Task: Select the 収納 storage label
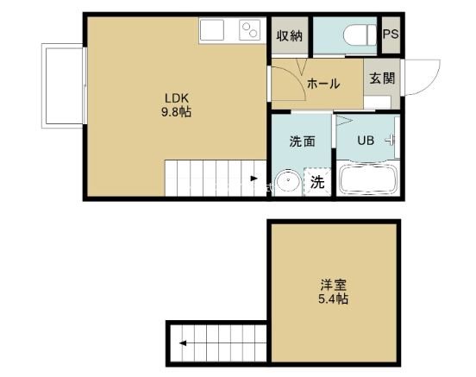(x=289, y=35)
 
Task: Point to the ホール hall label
(x=323, y=84)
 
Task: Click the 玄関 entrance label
(x=382, y=78)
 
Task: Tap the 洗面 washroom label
(x=302, y=141)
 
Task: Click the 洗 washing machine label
(x=317, y=182)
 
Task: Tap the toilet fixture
(x=356, y=35)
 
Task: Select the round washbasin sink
(x=288, y=182)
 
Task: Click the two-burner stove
(x=249, y=31)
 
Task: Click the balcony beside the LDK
(x=61, y=86)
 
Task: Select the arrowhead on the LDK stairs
(x=254, y=179)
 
